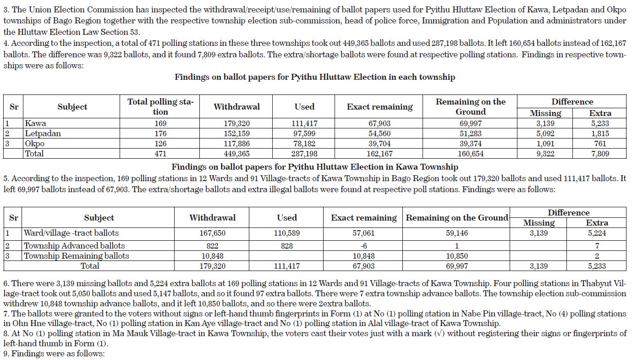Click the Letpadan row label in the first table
[x=43, y=133]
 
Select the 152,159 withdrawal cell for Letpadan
[x=236, y=133]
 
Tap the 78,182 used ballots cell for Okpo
[x=304, y=144]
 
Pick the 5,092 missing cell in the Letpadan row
[x=545, y=133]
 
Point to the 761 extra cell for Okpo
[x=600, y=144]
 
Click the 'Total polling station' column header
[x=160, y=106]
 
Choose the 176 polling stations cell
[x=160, y=133]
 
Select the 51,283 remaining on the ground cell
[x=470, y=133]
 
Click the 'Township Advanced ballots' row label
[x=74, y=246]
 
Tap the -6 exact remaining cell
[x=363, y=246]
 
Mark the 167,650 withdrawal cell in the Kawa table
[x=212, y=233]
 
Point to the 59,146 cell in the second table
[x=456, y=233]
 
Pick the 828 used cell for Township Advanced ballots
[x=286, y=246]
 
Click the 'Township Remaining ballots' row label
[x=77, y=256]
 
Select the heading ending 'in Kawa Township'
[x=314, y=167]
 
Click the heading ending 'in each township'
[x=314, y=77]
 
